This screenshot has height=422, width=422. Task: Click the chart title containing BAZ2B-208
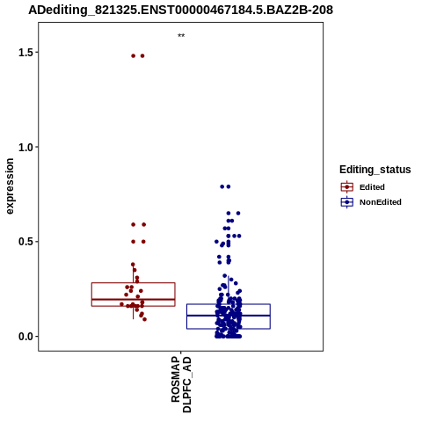click(180, 11)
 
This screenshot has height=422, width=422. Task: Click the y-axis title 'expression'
click(10, 186)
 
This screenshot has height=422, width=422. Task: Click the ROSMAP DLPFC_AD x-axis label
click(181, 384)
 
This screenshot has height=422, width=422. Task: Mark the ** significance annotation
click(181, 36)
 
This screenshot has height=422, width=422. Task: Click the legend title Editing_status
click(375, 170)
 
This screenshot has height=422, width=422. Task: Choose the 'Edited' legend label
click(372, 187)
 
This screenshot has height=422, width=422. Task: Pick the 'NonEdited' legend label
click(381, 202)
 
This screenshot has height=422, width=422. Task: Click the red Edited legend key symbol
click(347, 186)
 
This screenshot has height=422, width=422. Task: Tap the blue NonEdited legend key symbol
click(347, 202)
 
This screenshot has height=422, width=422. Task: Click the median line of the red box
click(134, 299)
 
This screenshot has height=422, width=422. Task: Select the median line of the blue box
click(229, 316)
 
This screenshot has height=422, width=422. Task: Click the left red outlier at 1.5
click(134, 56)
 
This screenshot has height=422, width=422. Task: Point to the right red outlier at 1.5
click(142, 56)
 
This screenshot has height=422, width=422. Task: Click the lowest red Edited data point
click(144, 319)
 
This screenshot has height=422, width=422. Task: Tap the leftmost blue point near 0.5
click(216, 242)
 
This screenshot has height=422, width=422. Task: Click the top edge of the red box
click(134, 283)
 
